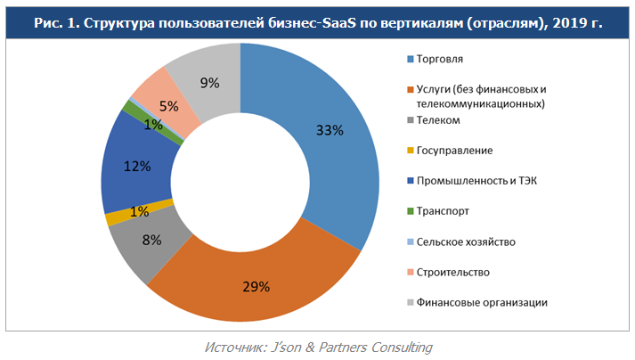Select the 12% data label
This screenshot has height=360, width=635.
136,166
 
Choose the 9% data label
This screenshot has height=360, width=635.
210,83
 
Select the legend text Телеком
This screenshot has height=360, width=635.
438,119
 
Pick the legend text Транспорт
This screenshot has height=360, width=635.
444,211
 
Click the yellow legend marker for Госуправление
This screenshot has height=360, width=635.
410,151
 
